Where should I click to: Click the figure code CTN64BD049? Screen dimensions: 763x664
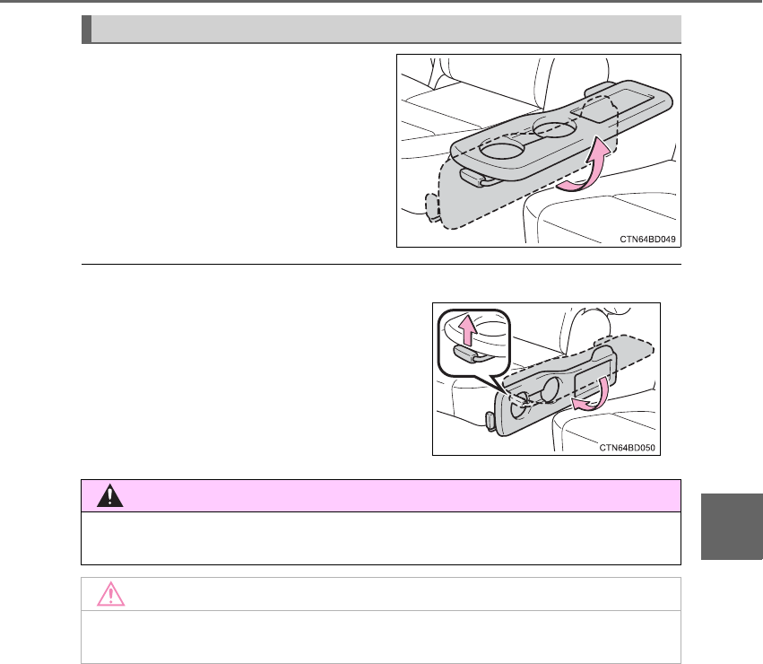(x=647, y=240)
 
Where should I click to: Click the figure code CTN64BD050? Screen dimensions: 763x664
(x=627, y=448)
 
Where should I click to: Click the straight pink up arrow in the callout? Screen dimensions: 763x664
(x=468, y=330)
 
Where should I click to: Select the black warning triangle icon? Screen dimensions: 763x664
(x=110, y=495)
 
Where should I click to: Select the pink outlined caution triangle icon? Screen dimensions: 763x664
(x=110, y=593)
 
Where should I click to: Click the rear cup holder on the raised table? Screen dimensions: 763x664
(x=554, y=127)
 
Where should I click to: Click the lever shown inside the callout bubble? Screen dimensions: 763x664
(x=466, y=354)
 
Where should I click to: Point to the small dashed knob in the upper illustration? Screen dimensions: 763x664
(x=432, y=207)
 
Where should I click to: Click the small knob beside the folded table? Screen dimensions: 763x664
(x=490, y=421)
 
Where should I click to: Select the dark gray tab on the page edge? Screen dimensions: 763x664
(x=732, y=526)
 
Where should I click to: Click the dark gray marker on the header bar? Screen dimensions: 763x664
(x=86, y=29)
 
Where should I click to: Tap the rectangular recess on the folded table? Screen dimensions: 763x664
(x=593, y=378)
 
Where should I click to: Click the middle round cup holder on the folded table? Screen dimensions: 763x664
(x=551, y=390)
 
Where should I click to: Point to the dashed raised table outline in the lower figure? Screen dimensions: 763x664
(x=579, y=363)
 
